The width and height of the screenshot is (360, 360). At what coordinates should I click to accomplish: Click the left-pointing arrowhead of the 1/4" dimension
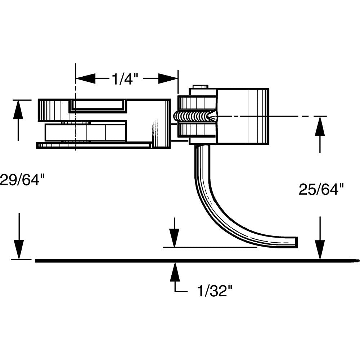click(86, 78)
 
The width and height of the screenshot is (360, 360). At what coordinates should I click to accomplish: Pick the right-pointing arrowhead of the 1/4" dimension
click(168, 78)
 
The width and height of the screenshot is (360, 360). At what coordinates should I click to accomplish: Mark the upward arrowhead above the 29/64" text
click(18, 109)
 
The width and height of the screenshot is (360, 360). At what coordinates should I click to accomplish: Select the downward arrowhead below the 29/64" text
click(18, 249)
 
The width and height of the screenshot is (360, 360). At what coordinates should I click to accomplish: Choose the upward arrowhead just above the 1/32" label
click(175, 272)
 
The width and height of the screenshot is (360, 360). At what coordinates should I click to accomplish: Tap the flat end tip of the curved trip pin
click(296, 242)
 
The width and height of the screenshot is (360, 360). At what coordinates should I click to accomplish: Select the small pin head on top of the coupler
click(201, 87)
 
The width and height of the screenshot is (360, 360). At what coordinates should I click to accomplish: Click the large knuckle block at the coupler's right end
click(242, 116)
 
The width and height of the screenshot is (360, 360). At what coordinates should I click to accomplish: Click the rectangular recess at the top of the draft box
click(98, 105)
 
